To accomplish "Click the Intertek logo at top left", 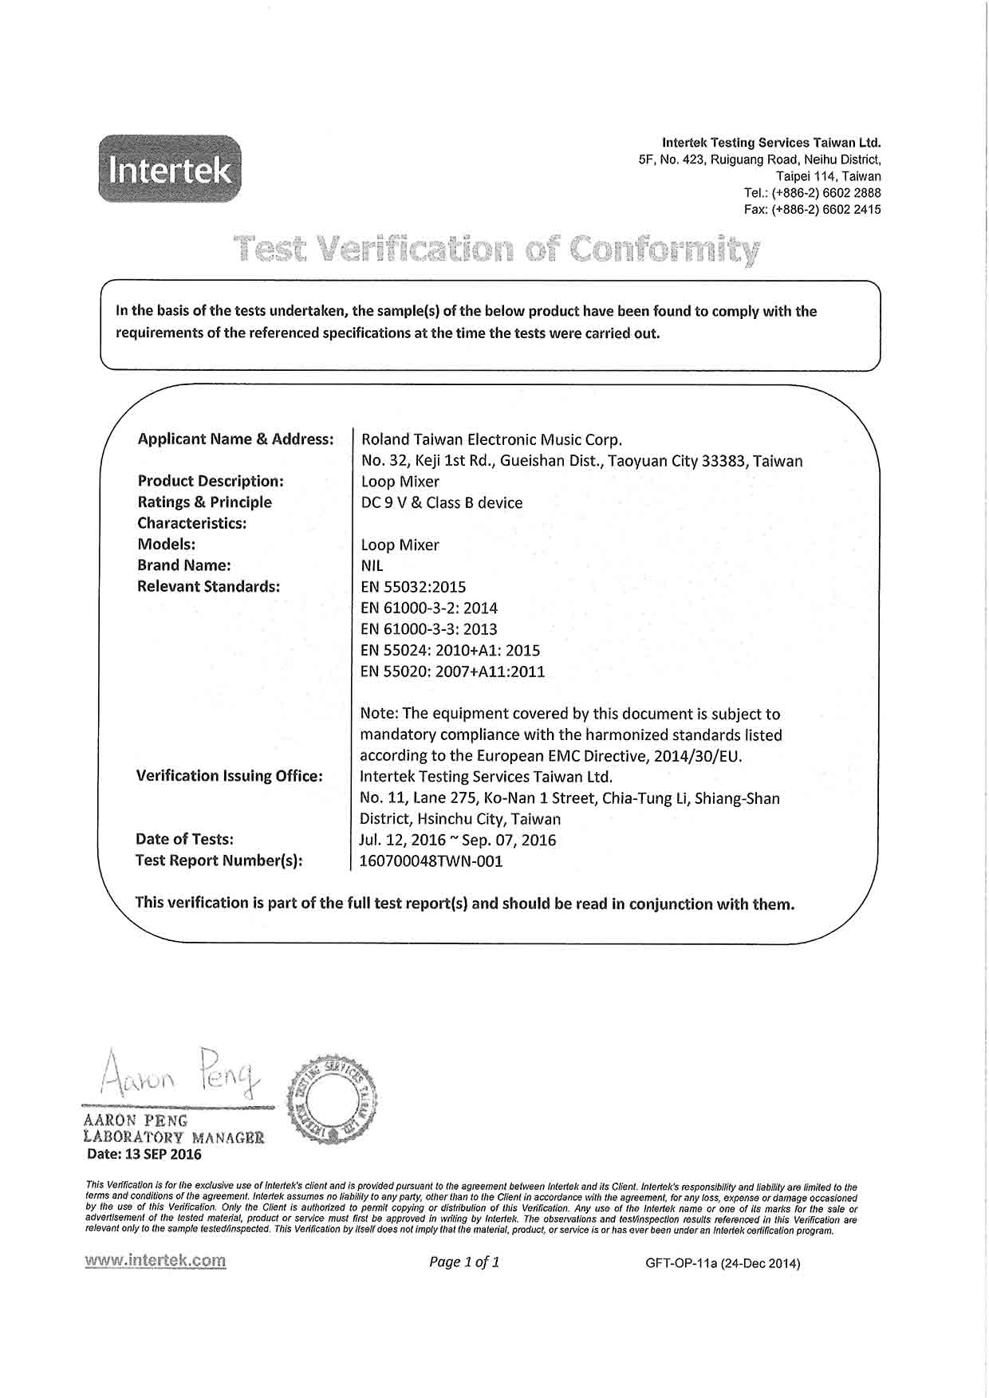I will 169,169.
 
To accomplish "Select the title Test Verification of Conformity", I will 496,250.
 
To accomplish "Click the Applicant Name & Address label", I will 235,439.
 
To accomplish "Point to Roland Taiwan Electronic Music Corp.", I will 491,439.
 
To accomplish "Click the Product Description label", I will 211,481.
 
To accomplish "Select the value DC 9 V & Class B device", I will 442,502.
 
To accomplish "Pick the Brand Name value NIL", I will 372,565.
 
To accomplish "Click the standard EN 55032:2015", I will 413,587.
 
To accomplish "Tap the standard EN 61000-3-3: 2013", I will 429,629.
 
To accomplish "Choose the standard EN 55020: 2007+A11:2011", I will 453,671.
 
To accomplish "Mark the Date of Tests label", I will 184,839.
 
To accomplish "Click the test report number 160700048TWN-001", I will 431,861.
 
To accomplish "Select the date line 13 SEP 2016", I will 144,1154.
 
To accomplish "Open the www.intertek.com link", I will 156,1261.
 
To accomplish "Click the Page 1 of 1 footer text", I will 464,1262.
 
